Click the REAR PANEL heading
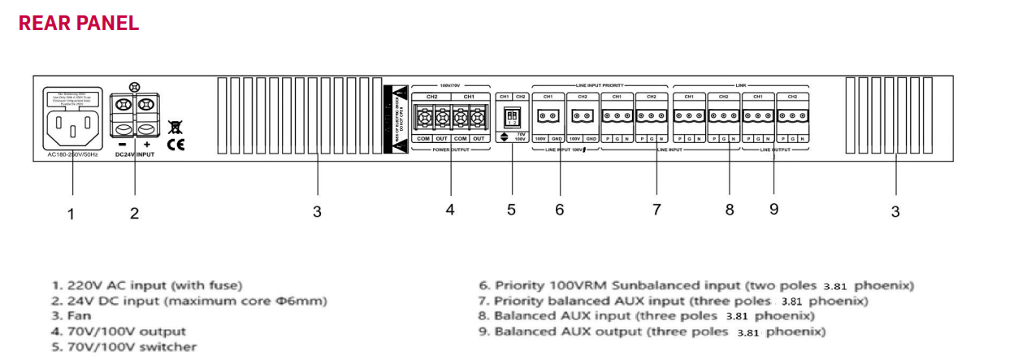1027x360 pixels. point(79,23)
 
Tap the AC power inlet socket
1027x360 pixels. point(72,127)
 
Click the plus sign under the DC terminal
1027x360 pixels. point(147,145)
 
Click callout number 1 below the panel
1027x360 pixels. point(71,215)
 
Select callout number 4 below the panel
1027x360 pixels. point(449,210)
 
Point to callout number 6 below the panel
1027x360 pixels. point(559,210)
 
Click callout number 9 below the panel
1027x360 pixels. point(773,209)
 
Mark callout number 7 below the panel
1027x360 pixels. point(656,210)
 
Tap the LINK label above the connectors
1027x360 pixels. point(741,85)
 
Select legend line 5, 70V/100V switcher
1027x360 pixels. point(123,347)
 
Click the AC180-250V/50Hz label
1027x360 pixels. point(71,154)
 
